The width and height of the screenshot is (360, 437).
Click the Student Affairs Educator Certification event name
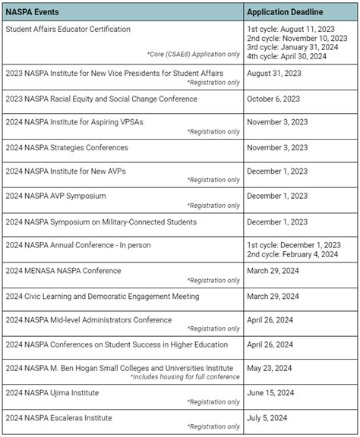click(68, 29)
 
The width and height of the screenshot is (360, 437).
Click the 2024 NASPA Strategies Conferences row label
click(67, 147)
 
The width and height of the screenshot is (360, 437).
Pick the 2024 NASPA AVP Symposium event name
click(56, 196)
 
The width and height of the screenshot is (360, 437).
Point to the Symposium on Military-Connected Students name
click(101, 222)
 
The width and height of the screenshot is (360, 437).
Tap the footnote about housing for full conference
click(185, 376)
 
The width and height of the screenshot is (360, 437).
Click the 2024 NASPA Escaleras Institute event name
click(58, 417)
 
